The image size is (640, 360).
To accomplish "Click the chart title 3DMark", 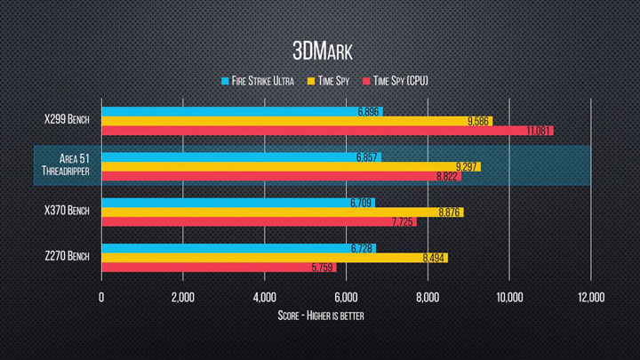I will click(320, 46).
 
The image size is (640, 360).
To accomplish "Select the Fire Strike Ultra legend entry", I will click(258, 81).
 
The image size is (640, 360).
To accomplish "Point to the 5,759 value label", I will click(322, 268).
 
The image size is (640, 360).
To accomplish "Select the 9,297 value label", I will click(467, 167).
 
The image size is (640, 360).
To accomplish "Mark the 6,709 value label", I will click(361, 203).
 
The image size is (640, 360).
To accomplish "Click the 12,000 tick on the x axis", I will click(590, 297).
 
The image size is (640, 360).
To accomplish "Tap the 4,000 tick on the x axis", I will click(264, 297).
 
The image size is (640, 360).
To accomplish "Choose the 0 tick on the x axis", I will click(101, 297).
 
